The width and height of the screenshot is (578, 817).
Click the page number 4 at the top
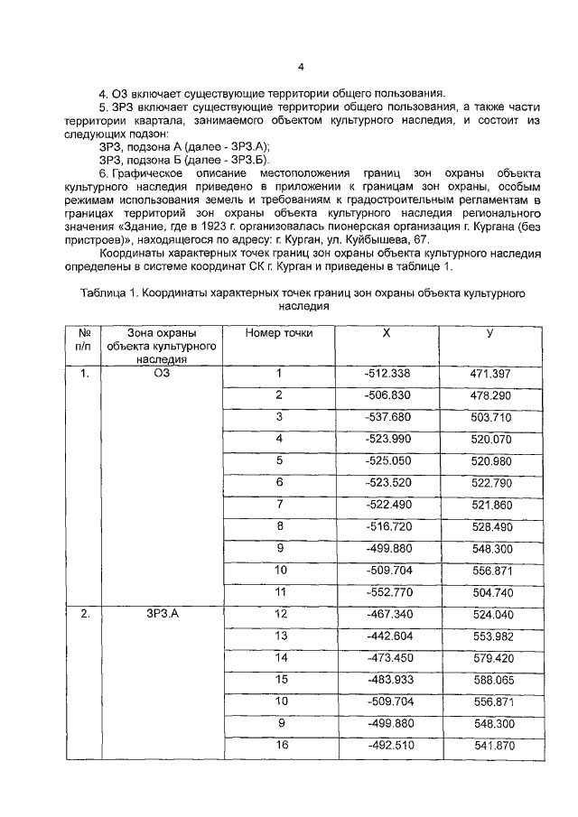(301, 65)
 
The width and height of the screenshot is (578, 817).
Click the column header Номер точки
(279, 333)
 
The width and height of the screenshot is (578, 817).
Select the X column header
(386, 333)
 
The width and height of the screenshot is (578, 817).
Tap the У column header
(489, 333)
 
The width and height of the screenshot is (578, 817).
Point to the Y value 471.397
(491, 374)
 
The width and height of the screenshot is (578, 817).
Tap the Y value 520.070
(491, 439)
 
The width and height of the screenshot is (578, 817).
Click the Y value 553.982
(491, 636)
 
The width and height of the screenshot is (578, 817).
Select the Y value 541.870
(491, 745)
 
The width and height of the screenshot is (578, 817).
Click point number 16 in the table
(280, 745)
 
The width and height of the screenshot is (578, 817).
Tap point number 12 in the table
(280, 614)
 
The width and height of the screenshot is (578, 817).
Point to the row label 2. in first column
(85, 614)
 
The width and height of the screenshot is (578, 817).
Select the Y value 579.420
(491, 657)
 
